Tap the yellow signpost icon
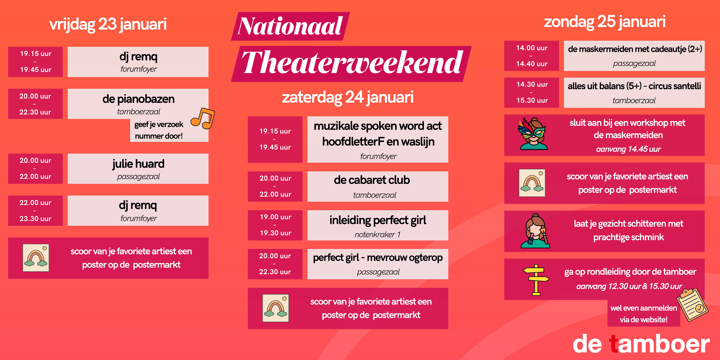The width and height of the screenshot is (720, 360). click(536, 279)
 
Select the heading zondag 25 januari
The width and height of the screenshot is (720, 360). click(605, 22)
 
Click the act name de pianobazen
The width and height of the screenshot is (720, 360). click(138, 99)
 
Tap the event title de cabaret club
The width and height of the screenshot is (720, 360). click(372, 180)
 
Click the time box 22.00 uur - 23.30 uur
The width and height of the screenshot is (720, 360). click(36, 210)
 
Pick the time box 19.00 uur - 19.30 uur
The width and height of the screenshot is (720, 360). click(275, 225)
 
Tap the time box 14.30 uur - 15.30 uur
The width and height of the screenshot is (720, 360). click(532, 92)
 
